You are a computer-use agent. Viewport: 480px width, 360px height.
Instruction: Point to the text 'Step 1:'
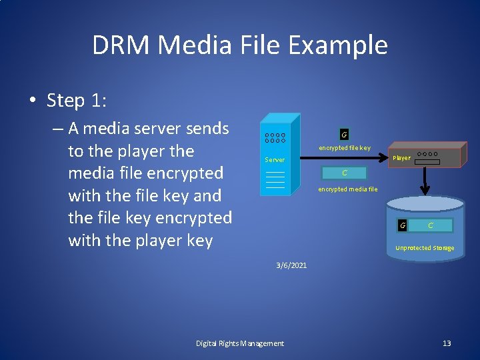77,101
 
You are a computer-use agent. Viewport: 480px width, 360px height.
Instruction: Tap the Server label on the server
274,160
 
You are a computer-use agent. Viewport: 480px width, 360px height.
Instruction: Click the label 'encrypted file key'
344,148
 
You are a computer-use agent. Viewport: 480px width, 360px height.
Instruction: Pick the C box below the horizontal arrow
344,173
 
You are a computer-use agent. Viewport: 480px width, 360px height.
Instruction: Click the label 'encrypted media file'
347,189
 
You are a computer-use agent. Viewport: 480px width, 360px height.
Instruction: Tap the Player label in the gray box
401,158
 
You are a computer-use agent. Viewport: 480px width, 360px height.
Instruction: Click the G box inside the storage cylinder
402,225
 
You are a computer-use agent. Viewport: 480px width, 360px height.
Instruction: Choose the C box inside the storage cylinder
430,225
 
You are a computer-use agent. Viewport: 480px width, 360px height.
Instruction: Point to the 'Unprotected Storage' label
425,248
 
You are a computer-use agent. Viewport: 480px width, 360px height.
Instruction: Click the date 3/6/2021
291,265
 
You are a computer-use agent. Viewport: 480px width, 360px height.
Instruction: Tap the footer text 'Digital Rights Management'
240,343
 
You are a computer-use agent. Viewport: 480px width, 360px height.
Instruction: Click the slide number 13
447,343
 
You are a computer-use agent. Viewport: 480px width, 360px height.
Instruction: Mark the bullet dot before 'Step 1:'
33,101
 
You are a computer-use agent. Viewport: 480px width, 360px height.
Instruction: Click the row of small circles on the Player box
427,154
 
